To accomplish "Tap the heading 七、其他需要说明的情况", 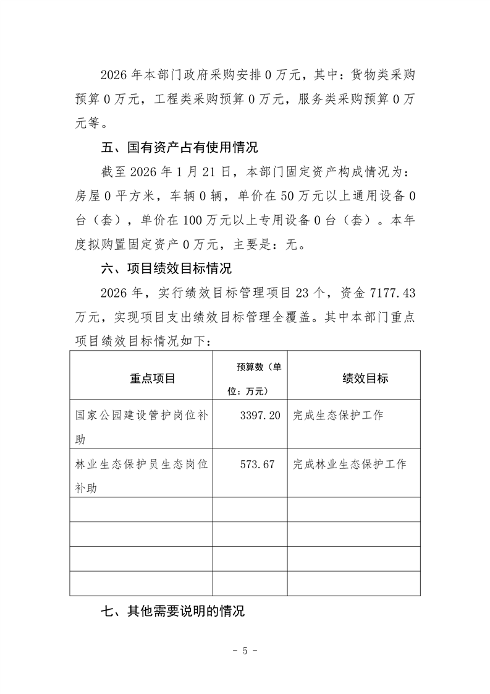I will click(x=172, y=611).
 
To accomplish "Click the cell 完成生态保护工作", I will click(x=338, y=416).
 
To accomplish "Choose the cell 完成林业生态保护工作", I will click(x=350, y=464).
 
